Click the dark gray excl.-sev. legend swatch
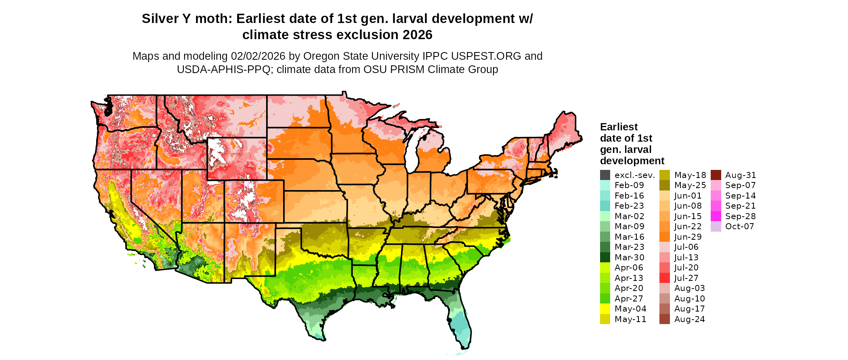(605, 175)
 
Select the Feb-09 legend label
(629, 185)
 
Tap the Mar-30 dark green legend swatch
(605, 257)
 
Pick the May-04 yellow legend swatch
(605, 309)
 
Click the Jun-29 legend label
(688, 237)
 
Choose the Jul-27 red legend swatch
(665, 278)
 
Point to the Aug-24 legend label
(690, 319)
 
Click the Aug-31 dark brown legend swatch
(716, 175)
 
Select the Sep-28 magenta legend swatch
(716, 216)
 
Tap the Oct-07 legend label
(740, 226)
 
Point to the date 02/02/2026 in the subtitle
(258, 56)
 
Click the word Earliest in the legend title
(619, 127)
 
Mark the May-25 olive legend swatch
(665, 185)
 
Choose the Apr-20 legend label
(629, 288)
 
